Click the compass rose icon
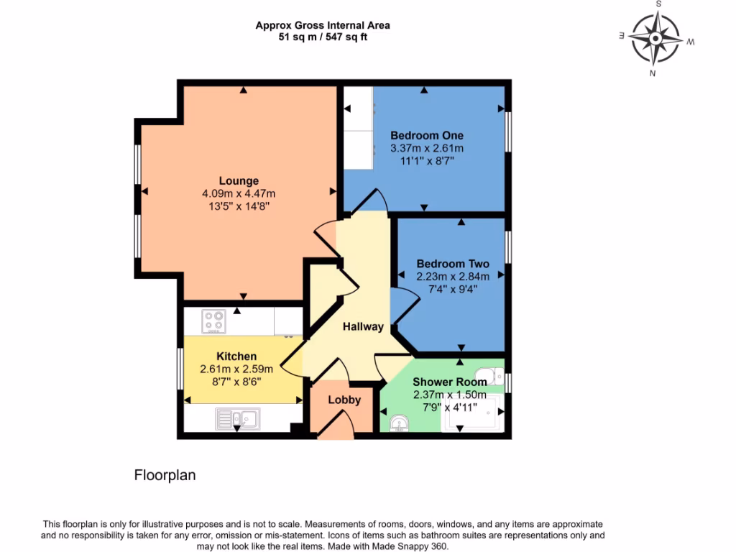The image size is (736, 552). point(655,38)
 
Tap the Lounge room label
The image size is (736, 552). point(239,180)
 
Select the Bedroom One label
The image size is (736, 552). point(426,135)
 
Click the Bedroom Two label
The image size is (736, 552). point(453,264)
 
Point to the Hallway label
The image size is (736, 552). point(363,326)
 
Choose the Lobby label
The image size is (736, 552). point(344,400)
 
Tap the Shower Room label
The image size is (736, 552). point(449,382)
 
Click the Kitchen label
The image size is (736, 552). point(236,356)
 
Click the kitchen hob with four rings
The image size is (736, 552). point(213,321)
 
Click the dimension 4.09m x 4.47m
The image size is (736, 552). point(239,193)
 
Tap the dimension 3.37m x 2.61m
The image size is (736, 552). point(426,148)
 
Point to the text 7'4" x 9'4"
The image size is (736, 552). point(453,289)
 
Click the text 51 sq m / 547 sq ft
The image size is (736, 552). point(323,37)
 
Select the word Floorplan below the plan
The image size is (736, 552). point(165,475)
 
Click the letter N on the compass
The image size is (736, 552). point(652,73)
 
